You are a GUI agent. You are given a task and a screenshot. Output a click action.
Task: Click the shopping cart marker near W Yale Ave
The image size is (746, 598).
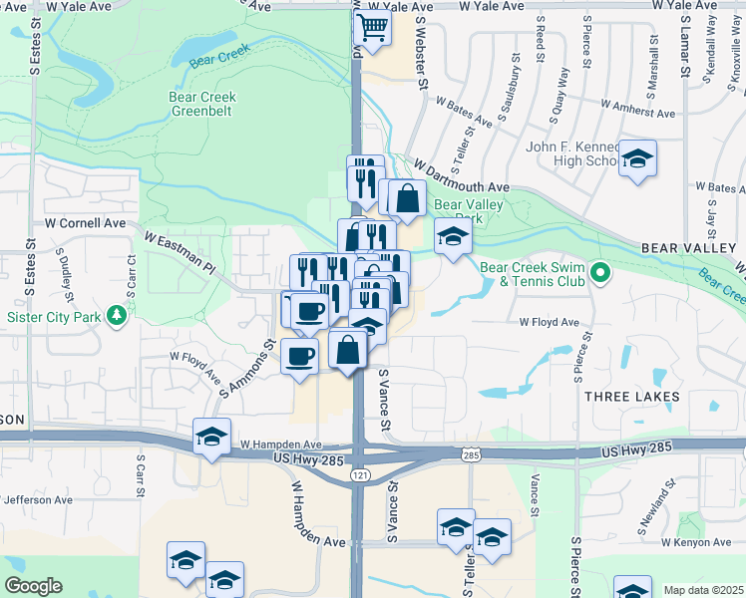tap(372, 30)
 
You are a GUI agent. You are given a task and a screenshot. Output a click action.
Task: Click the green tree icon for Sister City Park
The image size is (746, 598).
tap(118, 315)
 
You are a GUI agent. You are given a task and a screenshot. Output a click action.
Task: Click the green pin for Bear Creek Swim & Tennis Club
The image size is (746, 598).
tap(599, 271)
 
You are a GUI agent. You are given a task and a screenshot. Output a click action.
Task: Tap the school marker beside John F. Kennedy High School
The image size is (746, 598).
tap(637, 159)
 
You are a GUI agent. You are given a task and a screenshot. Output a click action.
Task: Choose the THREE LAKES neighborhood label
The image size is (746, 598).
tap(632, 397)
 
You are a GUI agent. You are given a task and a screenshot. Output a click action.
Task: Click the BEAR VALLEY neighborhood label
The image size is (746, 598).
tap(688, 246)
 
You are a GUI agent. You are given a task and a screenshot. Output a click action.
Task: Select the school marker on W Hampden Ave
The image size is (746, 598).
tap(211, 438)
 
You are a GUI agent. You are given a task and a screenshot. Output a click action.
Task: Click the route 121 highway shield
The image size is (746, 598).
tap(359, 475)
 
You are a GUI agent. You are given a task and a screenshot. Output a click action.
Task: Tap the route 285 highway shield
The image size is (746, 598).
tap(470, 454)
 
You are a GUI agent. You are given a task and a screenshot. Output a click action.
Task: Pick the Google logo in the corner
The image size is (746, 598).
tap(33, 587)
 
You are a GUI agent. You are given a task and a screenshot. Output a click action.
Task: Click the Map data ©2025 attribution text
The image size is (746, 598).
tap(704, 590)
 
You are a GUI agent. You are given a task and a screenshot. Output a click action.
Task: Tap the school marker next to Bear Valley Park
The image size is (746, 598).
tap(453, 239)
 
